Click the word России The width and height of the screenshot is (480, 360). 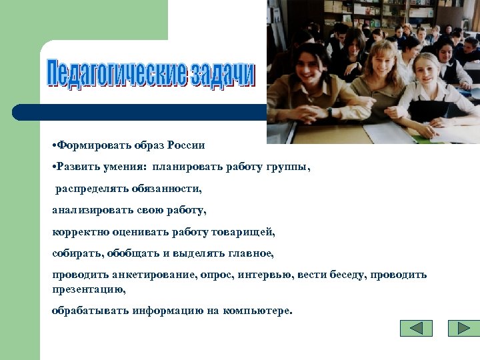[x=186, y=145]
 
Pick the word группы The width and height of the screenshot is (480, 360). [x=289, y=167]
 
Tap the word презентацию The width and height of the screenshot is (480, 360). [x=89, y=289]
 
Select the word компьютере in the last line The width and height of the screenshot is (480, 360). [x=258, y=311]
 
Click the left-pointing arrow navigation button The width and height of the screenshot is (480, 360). [x=416, y=328]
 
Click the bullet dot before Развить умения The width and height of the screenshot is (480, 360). [x=54, y=167]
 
